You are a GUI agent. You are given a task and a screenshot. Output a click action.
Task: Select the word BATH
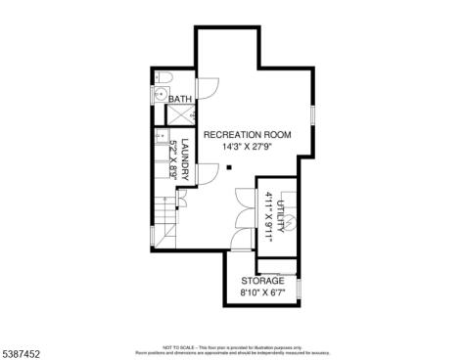click(x=180, y=100)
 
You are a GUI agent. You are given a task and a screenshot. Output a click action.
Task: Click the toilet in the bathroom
click(x=164, y=78)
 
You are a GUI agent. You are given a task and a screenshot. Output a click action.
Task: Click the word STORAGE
click(x=261, y=280)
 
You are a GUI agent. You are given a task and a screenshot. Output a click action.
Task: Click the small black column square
click(x=228, y=167)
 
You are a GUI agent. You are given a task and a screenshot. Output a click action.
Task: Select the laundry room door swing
click(x=206, y=177)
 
